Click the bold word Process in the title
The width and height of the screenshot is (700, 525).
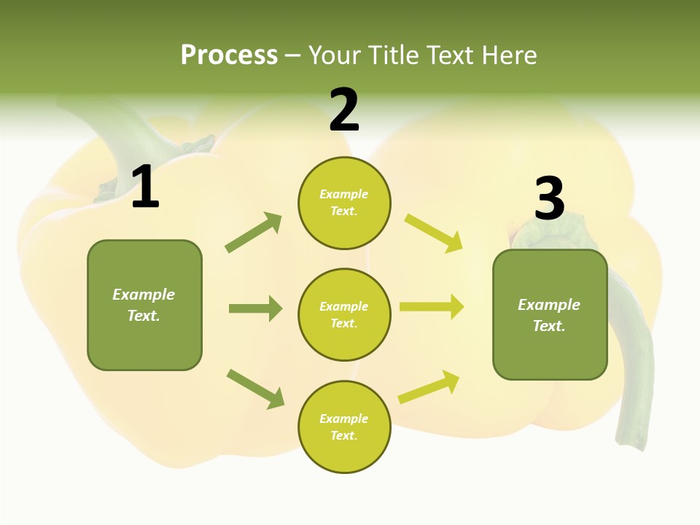[x=229, y=55]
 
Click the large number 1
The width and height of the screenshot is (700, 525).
[x=145, y=187]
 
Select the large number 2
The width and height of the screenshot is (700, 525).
[x=344, y=110]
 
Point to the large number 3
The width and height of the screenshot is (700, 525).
[x=549, y=198]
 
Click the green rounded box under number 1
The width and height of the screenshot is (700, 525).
[x=144, y=305]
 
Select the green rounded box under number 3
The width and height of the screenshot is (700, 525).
[x=550, y=314]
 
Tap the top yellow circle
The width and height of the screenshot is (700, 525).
[x=344, y=203]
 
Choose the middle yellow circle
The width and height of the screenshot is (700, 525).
[x=344, y=314]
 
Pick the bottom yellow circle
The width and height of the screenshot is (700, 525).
[x=344, y=427]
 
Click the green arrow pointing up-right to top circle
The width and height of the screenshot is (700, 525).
[x=254, y=233]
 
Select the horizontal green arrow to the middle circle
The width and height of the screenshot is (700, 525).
[x=255, y=308]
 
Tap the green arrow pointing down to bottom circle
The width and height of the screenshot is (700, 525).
[x=256, y=389]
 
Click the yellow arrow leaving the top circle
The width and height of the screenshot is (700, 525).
[x=434, y=233]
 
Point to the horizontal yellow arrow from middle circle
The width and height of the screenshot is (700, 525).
[x=432, y=306]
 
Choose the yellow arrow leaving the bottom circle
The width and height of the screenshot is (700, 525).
[x=429, y=387]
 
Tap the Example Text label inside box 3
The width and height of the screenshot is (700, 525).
[x=549, y=315]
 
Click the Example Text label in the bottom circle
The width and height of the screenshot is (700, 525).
[x=343, y=427]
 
